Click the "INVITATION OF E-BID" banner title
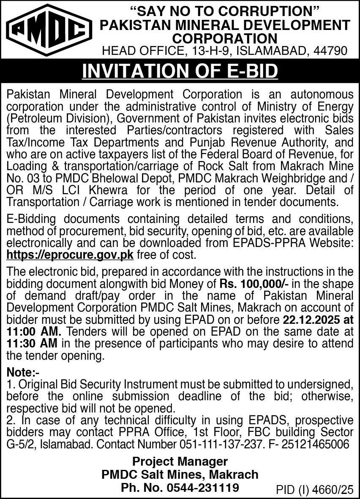(180, 71)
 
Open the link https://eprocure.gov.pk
(70, 255)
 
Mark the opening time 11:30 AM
(32, 344)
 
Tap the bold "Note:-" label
(21, 373)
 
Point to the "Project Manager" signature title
(180, 461)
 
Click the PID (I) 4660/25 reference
(314, 490)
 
